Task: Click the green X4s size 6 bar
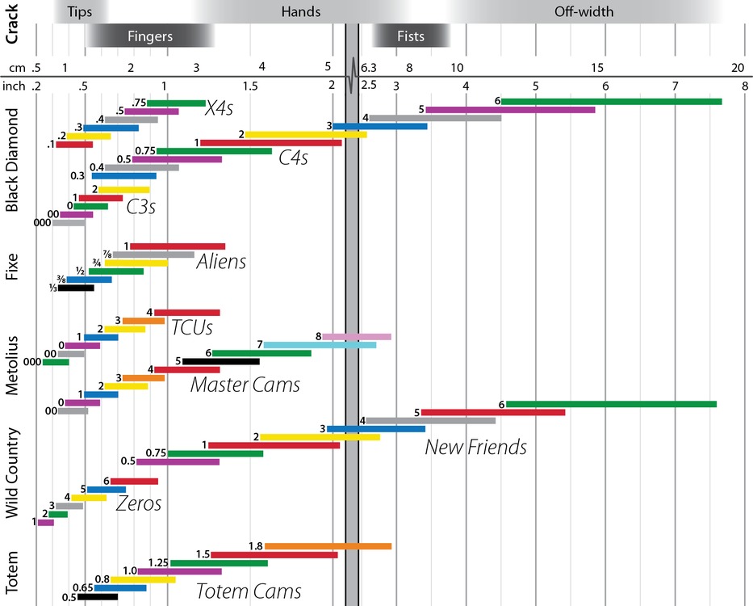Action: coord(612,101)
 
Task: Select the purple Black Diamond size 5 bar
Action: coord(510,110)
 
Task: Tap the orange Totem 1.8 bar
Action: coord(328,546)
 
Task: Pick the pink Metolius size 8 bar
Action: coord(356,336)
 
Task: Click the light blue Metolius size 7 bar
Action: coord(320,345)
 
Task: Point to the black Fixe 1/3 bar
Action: coord(76,287)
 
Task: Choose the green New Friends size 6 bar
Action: coord(611,404)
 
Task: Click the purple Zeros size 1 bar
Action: coord(45,523)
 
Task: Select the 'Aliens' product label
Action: coord(221,262)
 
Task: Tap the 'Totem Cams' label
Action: coord(249,591)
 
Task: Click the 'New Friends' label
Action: coord(475,446)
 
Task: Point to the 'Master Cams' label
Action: coord(245,385)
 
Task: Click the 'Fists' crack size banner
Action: coord(409,36)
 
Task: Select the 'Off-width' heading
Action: coord(584,11)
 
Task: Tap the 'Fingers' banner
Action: coord(150,36)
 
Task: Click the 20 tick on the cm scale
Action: coord(737,67)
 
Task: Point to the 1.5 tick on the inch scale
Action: coord(250,86)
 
